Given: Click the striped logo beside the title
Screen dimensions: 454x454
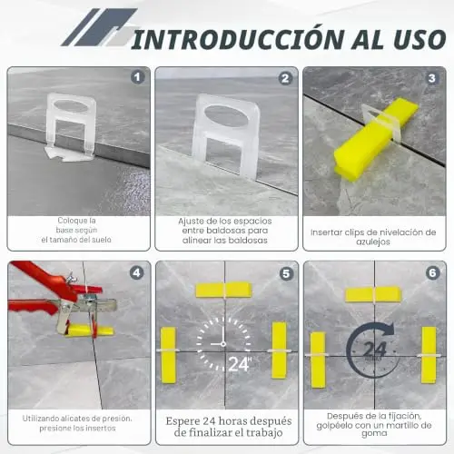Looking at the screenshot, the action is coord(99,27).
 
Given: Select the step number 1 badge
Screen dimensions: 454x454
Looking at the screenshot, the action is coord(138,77).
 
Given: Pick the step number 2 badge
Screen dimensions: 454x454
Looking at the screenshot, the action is coord(285,78).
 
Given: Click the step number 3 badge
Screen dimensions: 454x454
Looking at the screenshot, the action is coord(432,78).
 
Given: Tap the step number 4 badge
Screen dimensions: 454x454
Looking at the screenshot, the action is coord(137,272).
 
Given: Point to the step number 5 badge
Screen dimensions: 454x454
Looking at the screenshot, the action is coord(286,273).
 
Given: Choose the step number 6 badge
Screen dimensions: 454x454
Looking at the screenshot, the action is coord(432,273).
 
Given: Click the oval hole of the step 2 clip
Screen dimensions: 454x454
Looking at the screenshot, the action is coord(226,116).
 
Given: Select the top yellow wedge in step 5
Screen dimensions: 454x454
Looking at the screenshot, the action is coord(223,290).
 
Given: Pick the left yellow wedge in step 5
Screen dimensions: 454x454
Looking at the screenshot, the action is coord(168,355).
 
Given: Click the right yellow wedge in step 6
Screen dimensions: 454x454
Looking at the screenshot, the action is coord(429,355).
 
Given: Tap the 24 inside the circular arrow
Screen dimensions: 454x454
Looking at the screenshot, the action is coord(375,350).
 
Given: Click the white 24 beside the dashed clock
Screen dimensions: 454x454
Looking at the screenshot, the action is coord(238,364).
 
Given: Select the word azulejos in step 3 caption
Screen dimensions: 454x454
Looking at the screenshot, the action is coord(373,242).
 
